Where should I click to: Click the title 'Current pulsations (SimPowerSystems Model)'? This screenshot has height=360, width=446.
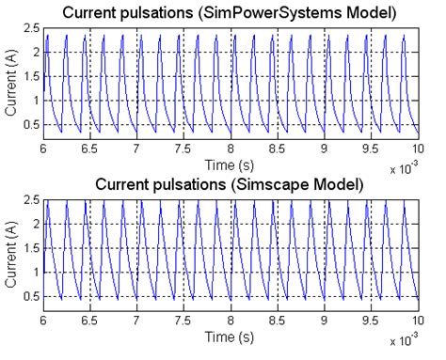click(x=231, y=14)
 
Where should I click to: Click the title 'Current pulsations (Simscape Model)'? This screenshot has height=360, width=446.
click(x=231, y=185)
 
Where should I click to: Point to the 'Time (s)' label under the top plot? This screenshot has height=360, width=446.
click(x=231, y=164)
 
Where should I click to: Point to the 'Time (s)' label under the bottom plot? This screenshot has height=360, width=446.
click(x=231, y=335)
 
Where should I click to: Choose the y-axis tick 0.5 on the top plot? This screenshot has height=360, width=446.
click(x=31, y=125)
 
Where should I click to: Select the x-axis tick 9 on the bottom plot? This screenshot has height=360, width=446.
click(x=324, y=321)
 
